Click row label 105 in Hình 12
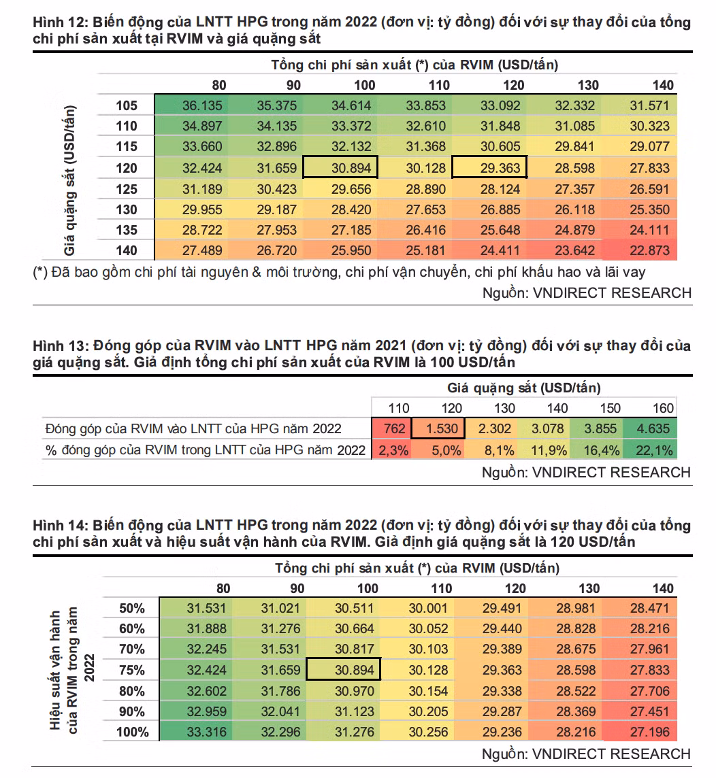click(x=126, y=105)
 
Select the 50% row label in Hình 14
click(x=132, y=608)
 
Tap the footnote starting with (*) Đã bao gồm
click(x=339, y=273)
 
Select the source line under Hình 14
click(x=586, y=754)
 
